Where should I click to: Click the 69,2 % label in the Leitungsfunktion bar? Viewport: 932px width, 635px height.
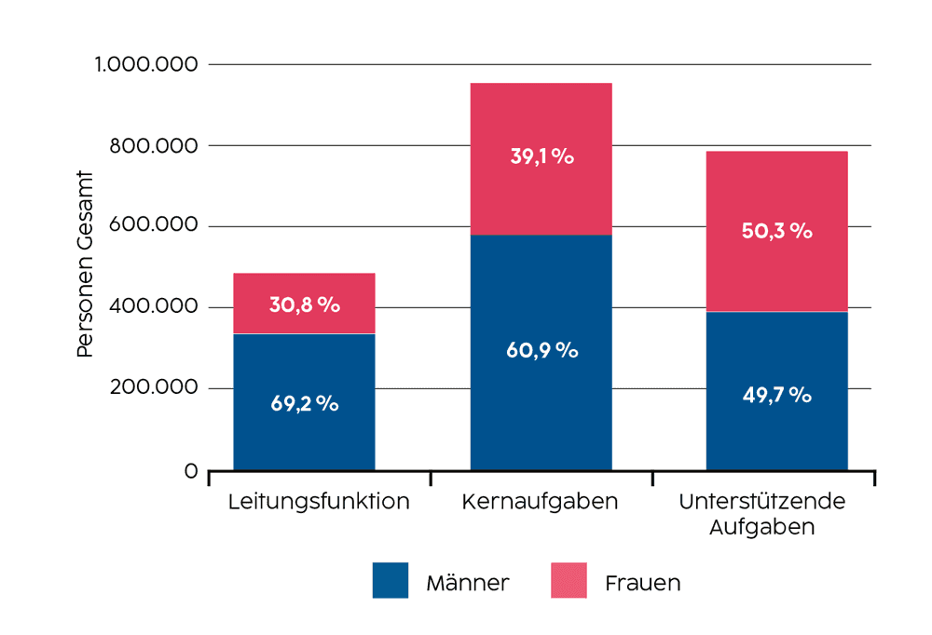305,404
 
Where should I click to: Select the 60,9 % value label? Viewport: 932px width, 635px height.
541,350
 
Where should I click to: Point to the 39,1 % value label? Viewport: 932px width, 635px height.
541,155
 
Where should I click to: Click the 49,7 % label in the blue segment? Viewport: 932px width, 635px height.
776,394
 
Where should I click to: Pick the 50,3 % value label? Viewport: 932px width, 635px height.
776,231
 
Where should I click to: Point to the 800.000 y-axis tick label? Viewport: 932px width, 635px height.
154,145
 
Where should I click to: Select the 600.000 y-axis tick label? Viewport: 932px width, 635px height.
154,226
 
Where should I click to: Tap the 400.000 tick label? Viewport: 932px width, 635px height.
154,307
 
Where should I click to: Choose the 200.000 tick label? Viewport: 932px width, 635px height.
154,387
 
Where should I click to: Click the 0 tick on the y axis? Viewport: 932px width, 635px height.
191,471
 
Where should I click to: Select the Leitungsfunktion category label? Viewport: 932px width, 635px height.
319,502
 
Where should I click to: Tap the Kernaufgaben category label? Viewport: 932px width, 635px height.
540,502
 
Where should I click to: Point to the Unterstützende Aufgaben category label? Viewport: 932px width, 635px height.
762,514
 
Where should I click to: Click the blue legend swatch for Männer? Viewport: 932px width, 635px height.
391,580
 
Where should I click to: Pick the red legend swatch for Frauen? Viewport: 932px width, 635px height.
569,580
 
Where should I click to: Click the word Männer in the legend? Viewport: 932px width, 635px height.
467,584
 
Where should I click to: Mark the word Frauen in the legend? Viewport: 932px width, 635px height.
642,584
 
